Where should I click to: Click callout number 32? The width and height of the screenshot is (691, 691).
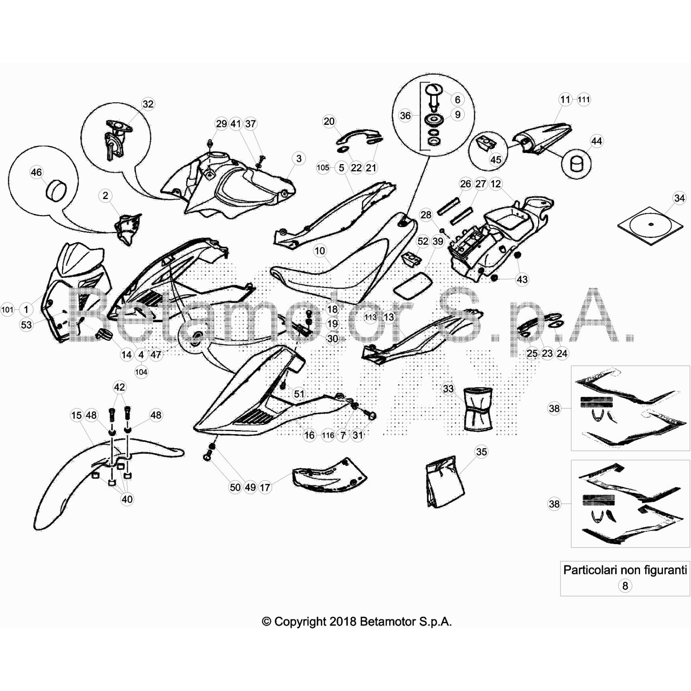click(148, 104)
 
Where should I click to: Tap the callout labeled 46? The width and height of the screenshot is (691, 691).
click(36, 173)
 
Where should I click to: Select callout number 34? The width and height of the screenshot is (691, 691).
click(679, 198)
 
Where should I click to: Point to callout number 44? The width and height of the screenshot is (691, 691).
click(596, 141)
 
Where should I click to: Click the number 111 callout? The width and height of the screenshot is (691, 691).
click(583, 99)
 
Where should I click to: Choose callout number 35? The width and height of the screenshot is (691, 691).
click(481, 452)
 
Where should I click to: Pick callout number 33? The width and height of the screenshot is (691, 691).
click(448, 389)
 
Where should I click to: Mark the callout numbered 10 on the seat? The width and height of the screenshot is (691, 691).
click(320, 251)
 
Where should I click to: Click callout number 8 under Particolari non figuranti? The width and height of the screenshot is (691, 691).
click(625, 586)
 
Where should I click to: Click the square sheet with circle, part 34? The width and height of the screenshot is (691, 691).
click(650, 225)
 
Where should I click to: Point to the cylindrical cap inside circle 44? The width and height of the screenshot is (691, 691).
click(576, 164)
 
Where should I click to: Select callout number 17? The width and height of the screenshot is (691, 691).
click(265, 488)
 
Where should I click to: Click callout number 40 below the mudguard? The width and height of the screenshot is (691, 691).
click(127, 499)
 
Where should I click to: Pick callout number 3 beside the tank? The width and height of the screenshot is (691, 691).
click(299, 158)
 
